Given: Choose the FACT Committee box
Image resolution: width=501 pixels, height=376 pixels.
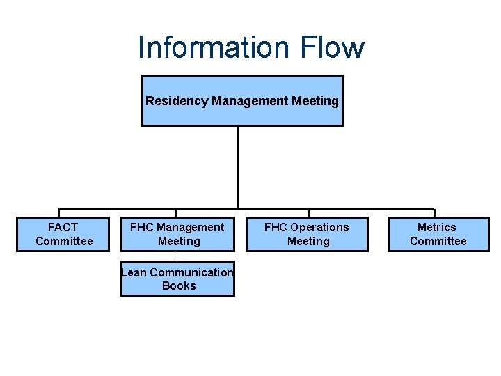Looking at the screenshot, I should [x=63, y=234].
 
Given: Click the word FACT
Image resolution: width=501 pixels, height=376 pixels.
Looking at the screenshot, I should [x=63, y=227].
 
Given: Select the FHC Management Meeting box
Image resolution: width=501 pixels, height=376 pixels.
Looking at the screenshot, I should [x=177, y=234].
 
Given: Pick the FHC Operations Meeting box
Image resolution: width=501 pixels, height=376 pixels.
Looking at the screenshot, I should [x=307, y=234].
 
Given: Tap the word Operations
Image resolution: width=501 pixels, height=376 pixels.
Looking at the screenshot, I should [x=319, y=227].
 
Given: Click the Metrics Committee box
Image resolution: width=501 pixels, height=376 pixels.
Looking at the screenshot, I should [x=438, y=234].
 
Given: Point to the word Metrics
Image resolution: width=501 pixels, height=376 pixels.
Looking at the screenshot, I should [x=437, y=227].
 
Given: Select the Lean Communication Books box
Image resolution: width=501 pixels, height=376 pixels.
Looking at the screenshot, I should [x=177, y=279].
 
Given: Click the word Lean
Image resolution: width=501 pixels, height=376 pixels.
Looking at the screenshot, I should [x=134, y=272].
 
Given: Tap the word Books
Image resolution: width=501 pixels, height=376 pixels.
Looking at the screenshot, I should [x=179, y=285].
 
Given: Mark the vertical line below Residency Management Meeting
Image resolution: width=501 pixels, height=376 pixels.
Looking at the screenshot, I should [x=238, y=167].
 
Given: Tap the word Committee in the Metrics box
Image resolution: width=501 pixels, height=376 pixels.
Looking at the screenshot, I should [x=438, y=241].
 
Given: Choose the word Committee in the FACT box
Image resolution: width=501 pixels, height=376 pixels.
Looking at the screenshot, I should [x=64, y=241].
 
